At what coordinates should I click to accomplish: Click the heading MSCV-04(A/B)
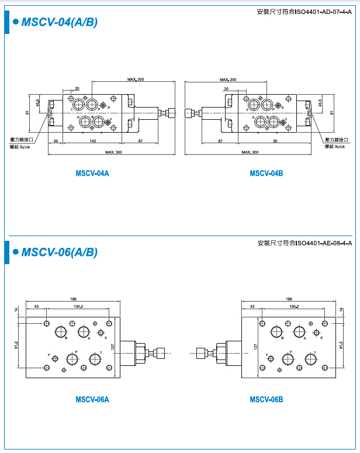click(x=59, y=23)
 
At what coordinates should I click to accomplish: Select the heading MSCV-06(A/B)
click(x=59, y=253)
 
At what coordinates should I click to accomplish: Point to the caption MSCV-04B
click(x=266, y=173)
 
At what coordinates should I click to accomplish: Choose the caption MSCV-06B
click(x=266, y=400)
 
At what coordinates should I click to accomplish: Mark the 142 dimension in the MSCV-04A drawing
click(x=93, y=141)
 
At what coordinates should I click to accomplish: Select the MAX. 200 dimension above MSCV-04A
click(x=136, y=79)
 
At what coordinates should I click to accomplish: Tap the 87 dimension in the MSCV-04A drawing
click(x=141, y=141)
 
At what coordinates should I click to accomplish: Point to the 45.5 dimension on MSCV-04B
click(x=320, y=103)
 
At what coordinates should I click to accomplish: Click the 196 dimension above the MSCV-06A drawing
click(x=73, y=298)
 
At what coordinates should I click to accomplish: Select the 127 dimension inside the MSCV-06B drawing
click(x=255, y=347)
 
